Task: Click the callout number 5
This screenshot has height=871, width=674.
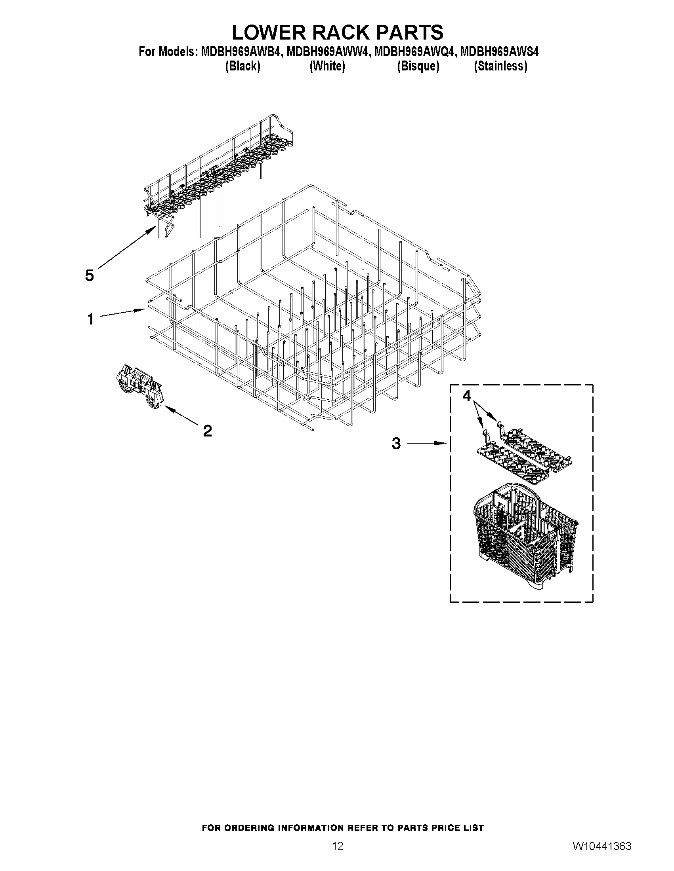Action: (90, 275)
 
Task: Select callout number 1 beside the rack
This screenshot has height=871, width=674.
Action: (91, 319)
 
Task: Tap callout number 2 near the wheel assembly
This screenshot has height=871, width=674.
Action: (207, 431)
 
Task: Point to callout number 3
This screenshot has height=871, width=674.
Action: (396, 443)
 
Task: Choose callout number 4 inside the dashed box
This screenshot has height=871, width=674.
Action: (467, 396)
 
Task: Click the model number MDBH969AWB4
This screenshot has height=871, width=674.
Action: (241, 52)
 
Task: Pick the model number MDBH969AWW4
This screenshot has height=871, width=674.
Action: (327, 52)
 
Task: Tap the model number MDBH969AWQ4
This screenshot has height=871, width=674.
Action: (414, 52)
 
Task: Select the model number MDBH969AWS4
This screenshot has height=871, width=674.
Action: (499, 52)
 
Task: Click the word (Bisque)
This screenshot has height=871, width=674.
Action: (418, 66)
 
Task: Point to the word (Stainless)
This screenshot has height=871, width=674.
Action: (500, 66)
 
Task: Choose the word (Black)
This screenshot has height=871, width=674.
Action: (243, 66)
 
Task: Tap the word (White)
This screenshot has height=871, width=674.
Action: (327, 66)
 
